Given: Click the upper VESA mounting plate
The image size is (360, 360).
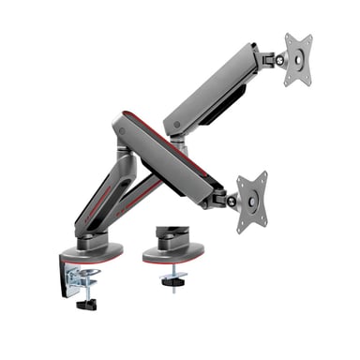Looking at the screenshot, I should click(297, 60).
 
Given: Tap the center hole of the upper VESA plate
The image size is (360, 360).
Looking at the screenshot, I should click(299, 59).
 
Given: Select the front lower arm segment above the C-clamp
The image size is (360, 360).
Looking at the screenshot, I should click(103, 197).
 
